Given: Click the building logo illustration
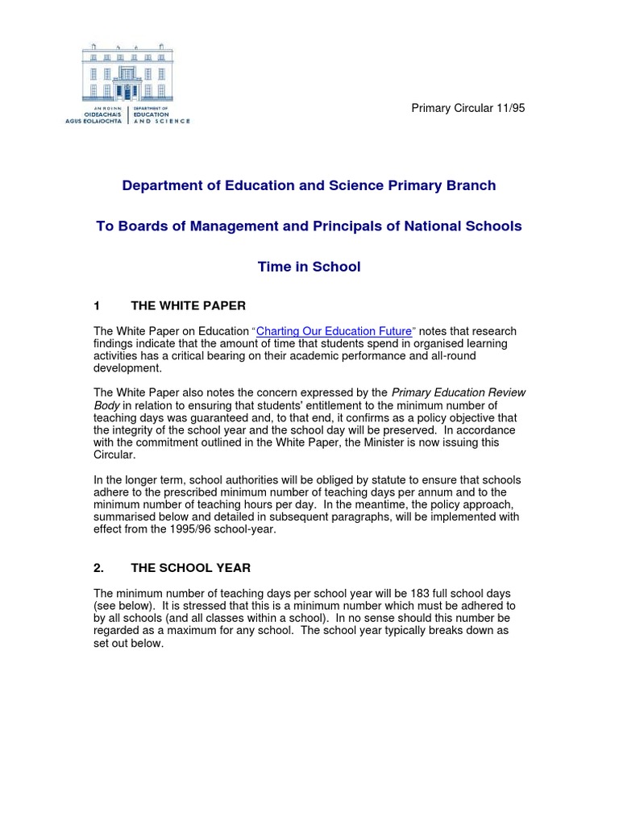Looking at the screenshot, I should [x=127, y=73].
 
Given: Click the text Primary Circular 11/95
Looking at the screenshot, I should [x=468, y=108].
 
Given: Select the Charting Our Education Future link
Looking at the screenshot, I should [x=335, y=331].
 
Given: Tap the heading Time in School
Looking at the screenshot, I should [x=309, y=267].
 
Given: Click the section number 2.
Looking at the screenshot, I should [x=98, y=567].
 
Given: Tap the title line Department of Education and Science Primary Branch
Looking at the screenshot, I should [x=309, y=186].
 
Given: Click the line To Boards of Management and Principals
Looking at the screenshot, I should [x=309, y=226].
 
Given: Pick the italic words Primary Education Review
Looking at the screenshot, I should [x=458, y=393].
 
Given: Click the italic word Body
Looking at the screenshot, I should [x=106, y=406].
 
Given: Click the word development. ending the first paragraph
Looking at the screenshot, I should [x=127, y=368].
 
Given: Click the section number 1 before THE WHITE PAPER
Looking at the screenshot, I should [x=97, y=306].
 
